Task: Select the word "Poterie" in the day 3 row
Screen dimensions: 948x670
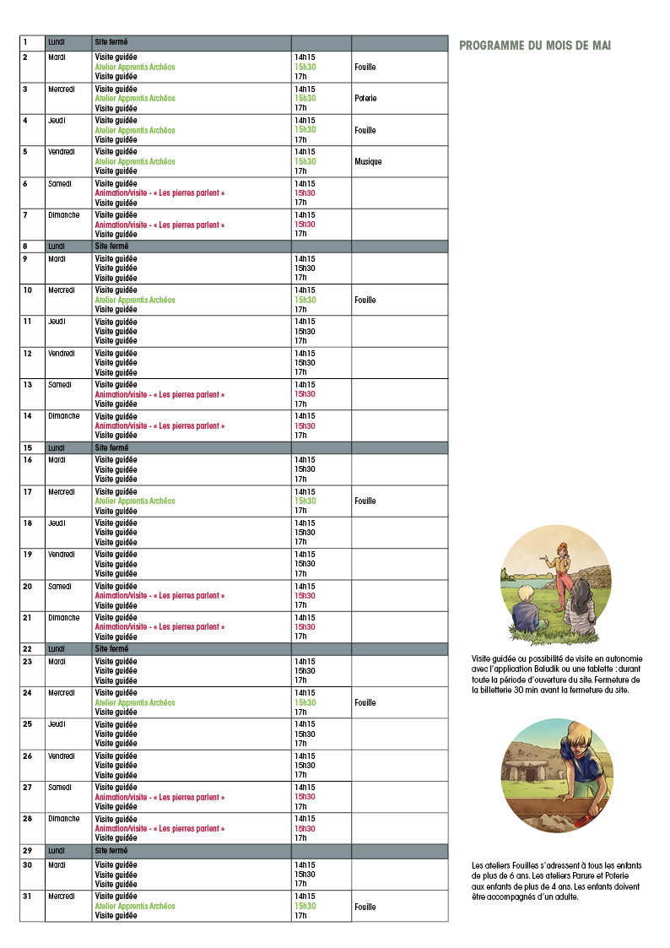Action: pyautogui.click(x=365, y=99)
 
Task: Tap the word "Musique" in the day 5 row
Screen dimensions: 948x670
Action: pyautogui.click(x=368, y=161)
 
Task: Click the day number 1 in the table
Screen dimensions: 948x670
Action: pyautogui.click(x=25, y=41)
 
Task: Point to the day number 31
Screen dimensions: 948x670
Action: pyautogui.click(x=27, y=896)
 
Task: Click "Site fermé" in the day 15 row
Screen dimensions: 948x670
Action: pyautogui.click(x=111, y=447)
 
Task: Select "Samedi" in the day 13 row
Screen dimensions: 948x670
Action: pyautogui.click(x=60, y=385)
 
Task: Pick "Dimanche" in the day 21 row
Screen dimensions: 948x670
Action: pyautogui.click(x=63, y=618)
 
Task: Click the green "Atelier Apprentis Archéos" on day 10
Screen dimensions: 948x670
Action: pyautogui.click(x=135, y=300)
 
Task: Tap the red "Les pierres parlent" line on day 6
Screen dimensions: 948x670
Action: pyautogui.click(x=159, y=193)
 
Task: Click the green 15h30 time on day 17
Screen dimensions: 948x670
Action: pyautogui.click(x=305, y=501)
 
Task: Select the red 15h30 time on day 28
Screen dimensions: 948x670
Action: pyautogui.click(x=305, y=828)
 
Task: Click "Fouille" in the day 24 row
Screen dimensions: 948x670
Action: pyautogui.click(x=365, y=702)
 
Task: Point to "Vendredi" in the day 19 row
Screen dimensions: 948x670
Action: pyautogui.click(x=62, y=555)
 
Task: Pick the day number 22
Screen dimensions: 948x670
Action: pyautogui.click(x=27, y=648)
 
